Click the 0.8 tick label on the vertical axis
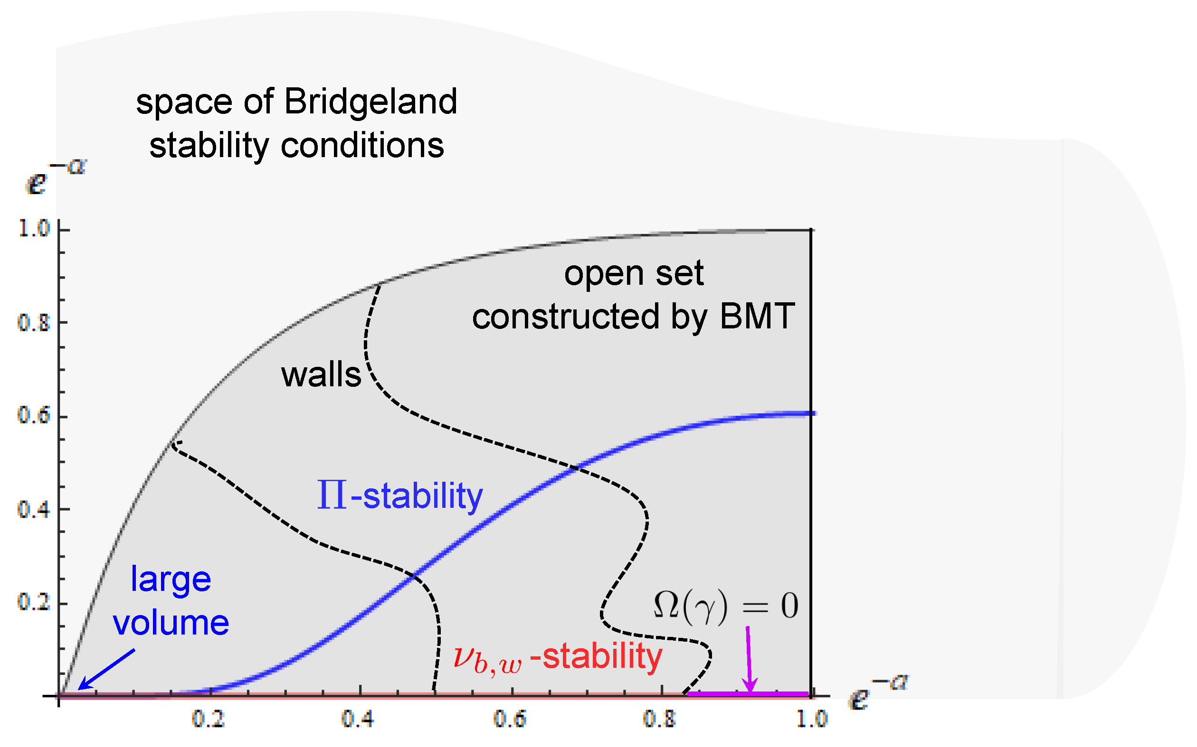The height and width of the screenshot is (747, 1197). click(34, 323)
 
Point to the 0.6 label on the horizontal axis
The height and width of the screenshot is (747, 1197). click(510, 719)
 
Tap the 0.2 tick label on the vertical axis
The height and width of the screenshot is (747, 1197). click(34, 602)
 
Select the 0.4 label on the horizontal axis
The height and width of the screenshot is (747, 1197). click(358, 719)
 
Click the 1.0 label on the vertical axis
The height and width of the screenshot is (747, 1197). click(34, 229)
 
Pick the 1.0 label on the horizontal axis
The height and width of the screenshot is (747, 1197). click(812, 719)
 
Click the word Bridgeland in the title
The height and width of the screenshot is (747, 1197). click(370, 102)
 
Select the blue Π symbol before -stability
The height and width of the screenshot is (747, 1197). click(331, 495)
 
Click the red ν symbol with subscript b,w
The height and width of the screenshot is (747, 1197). click(487, 660)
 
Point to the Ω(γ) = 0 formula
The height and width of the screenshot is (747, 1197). click(726, 605)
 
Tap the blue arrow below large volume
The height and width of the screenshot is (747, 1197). click(106, 670)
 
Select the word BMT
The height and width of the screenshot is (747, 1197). click(757, 316)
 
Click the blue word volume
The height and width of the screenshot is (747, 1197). click(171, 623)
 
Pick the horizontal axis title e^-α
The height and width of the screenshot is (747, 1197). click(878, 692)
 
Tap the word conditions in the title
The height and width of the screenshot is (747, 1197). click(362, 146)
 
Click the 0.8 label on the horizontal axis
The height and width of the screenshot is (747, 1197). click(660, 719)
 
